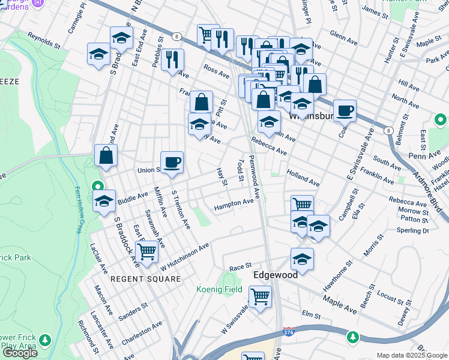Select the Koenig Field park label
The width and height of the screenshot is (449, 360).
click(x=220, y=289)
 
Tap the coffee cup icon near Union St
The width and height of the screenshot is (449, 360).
click(x=172, y=162)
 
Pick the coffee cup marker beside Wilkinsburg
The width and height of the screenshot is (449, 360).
click(x=345, y=110)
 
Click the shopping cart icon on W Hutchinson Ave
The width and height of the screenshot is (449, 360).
click(x=146, y=252)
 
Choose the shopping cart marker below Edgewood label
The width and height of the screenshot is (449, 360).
click(x=260, y=296)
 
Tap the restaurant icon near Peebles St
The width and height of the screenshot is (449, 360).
click(x=172, y=59)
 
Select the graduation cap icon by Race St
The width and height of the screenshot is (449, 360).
click(x=303, y=259)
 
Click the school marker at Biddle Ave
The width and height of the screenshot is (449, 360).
click(x=104, y=201)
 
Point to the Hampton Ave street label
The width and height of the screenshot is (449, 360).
click(x=234, y=204)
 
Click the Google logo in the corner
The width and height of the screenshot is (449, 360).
click(x=19, y=353)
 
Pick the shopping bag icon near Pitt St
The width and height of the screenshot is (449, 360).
click(x=201, y=102)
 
